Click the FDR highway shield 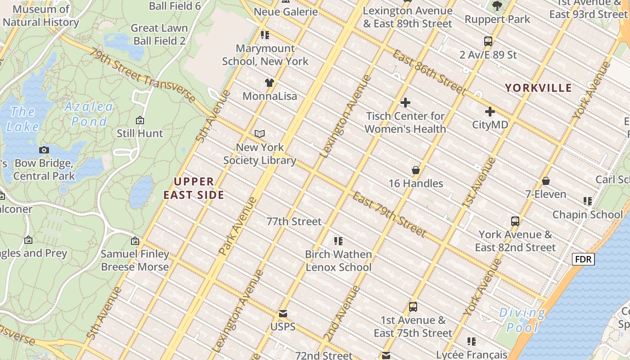583,259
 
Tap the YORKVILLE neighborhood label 538,88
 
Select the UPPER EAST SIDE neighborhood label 193,188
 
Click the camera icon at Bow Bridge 44,150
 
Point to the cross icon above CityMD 490,111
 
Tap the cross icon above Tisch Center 405,103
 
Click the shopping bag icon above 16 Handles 416,170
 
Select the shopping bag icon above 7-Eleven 546,181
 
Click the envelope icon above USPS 283,313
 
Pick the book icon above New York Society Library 260,134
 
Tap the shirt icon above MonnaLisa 270,82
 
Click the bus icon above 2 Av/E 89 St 488,41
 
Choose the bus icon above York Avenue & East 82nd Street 515,221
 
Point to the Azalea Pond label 89,114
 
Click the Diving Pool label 522,320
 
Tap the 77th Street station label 294,221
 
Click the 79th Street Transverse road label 142,75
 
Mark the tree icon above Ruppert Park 497,6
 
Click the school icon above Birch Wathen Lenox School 338,241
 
